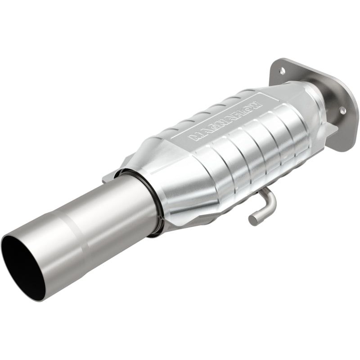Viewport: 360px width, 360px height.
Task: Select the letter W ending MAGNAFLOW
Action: [256, 104]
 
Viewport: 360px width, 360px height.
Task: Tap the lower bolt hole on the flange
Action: [342, 110]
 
